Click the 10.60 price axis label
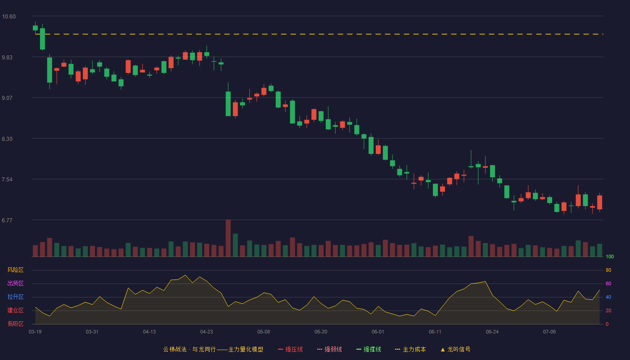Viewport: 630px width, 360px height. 9,17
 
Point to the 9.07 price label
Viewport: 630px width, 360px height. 7,98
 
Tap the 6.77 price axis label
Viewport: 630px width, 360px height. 7,220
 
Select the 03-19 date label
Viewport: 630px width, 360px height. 35,332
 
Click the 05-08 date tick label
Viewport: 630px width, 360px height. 264,332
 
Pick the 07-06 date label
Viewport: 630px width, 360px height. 549,332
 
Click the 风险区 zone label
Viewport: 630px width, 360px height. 15,270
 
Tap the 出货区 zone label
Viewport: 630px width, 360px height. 15,283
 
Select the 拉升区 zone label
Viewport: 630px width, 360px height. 15,297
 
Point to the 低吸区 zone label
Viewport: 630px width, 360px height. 15,324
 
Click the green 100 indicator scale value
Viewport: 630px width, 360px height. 610,256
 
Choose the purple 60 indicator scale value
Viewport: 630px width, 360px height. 608,283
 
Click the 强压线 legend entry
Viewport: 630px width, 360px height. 290,349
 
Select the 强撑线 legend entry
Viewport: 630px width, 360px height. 369,349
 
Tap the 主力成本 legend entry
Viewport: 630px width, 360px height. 410,349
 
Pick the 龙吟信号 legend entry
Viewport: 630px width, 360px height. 455,349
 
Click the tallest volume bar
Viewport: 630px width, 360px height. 228,238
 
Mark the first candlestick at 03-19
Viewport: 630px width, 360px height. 35,28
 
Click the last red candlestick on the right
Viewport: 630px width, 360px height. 599,202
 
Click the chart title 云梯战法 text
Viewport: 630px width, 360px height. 175,349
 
